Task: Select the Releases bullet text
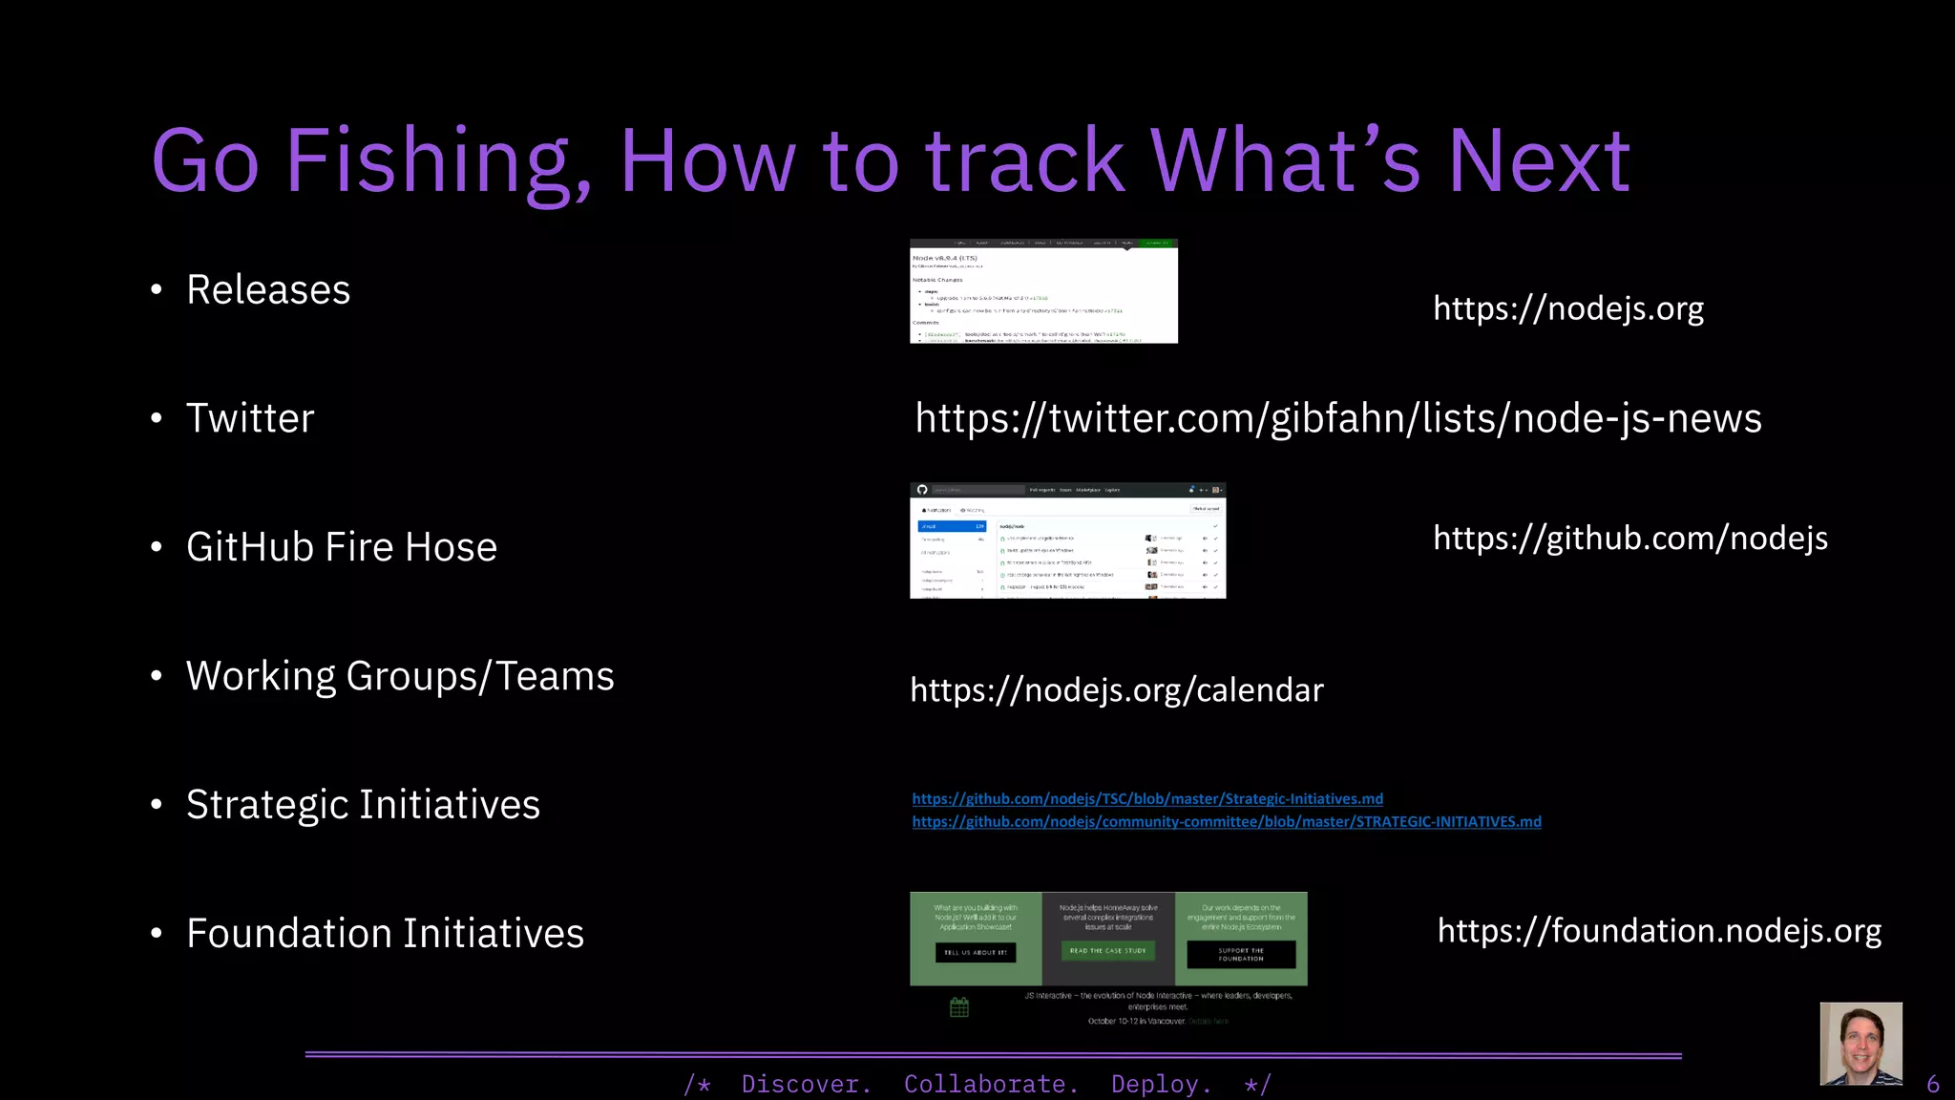(268, 290)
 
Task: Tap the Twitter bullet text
(250, 419)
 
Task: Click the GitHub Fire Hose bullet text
(342, 547)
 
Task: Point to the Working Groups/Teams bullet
(400, 676)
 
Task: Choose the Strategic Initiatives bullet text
(363, 805)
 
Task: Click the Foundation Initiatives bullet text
(385, 934)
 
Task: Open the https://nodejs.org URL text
(1568, 308)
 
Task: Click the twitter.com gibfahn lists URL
(1338, 419)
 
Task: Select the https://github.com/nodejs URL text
(1630, 539)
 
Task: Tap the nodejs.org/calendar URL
(1117, 690)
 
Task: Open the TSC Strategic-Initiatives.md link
(1147, 799)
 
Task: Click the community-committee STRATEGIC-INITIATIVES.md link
(1227, 822)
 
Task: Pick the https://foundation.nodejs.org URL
(1659, 931)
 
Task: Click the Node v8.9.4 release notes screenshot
(1043, 291)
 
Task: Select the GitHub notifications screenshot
(1067, 540)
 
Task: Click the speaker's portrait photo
(1860, 1044)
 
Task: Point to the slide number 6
(1933, 1085)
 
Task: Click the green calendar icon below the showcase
(959, 1007)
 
